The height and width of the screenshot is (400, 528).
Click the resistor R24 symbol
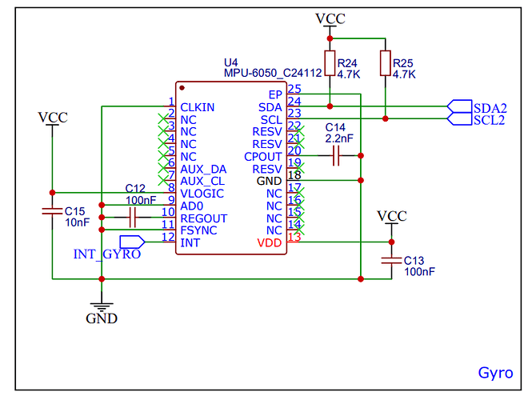point(330,64)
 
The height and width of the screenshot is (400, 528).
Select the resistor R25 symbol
point(386,64)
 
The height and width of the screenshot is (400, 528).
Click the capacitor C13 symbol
point(391,260)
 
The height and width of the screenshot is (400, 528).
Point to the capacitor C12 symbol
point(133,218)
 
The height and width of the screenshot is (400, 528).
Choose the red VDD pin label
point(270,242)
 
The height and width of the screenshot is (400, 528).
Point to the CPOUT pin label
point(263,157)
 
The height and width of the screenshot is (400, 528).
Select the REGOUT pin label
point(204,218)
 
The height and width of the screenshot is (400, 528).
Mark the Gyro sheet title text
point(495,373)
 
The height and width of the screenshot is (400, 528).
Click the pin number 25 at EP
point(294,90)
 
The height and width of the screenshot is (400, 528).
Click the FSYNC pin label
point(199,230)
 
